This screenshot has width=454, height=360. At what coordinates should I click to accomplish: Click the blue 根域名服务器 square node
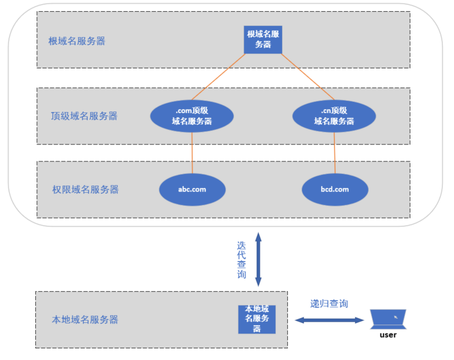tap(263, 39)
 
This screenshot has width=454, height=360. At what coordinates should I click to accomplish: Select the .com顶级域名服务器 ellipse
tap(192, 116)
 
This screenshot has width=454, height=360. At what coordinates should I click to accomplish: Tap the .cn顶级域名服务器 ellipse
tap(334, 116)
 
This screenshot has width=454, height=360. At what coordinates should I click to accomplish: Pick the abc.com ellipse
tap(192, 189)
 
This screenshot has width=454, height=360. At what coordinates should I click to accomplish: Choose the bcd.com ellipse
tap(334, 189)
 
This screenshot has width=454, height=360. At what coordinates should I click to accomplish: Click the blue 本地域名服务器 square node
tap(257, 319)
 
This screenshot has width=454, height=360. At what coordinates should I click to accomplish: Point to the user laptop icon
tap(388, 319)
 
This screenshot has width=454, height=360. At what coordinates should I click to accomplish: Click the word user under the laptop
tap(388, 335)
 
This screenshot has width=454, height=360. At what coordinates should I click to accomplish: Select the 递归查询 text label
tap(329, 304)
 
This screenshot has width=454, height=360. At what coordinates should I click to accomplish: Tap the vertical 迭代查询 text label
tap(241, 260)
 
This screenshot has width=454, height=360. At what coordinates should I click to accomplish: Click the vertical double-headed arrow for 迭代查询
tap(258, 259)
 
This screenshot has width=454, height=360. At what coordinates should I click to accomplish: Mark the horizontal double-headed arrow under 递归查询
tap(329, 320)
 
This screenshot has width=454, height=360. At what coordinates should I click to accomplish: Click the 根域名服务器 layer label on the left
tap(77, 41)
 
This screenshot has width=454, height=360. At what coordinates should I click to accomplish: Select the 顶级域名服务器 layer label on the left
tap(84, 116)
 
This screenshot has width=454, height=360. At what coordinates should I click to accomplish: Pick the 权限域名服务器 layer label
tap(85, 189)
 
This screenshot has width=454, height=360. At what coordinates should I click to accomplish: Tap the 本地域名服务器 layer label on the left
tap(85, 319)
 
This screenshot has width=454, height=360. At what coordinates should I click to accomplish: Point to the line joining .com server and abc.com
tap(192, 153)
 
